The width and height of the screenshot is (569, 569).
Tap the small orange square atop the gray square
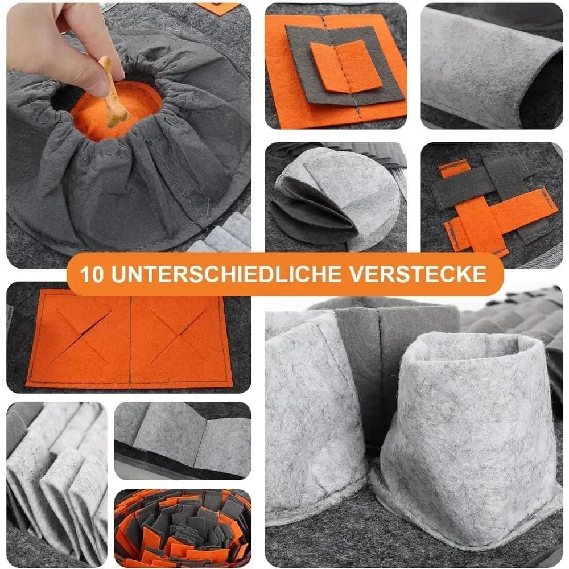click(345, 67)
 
